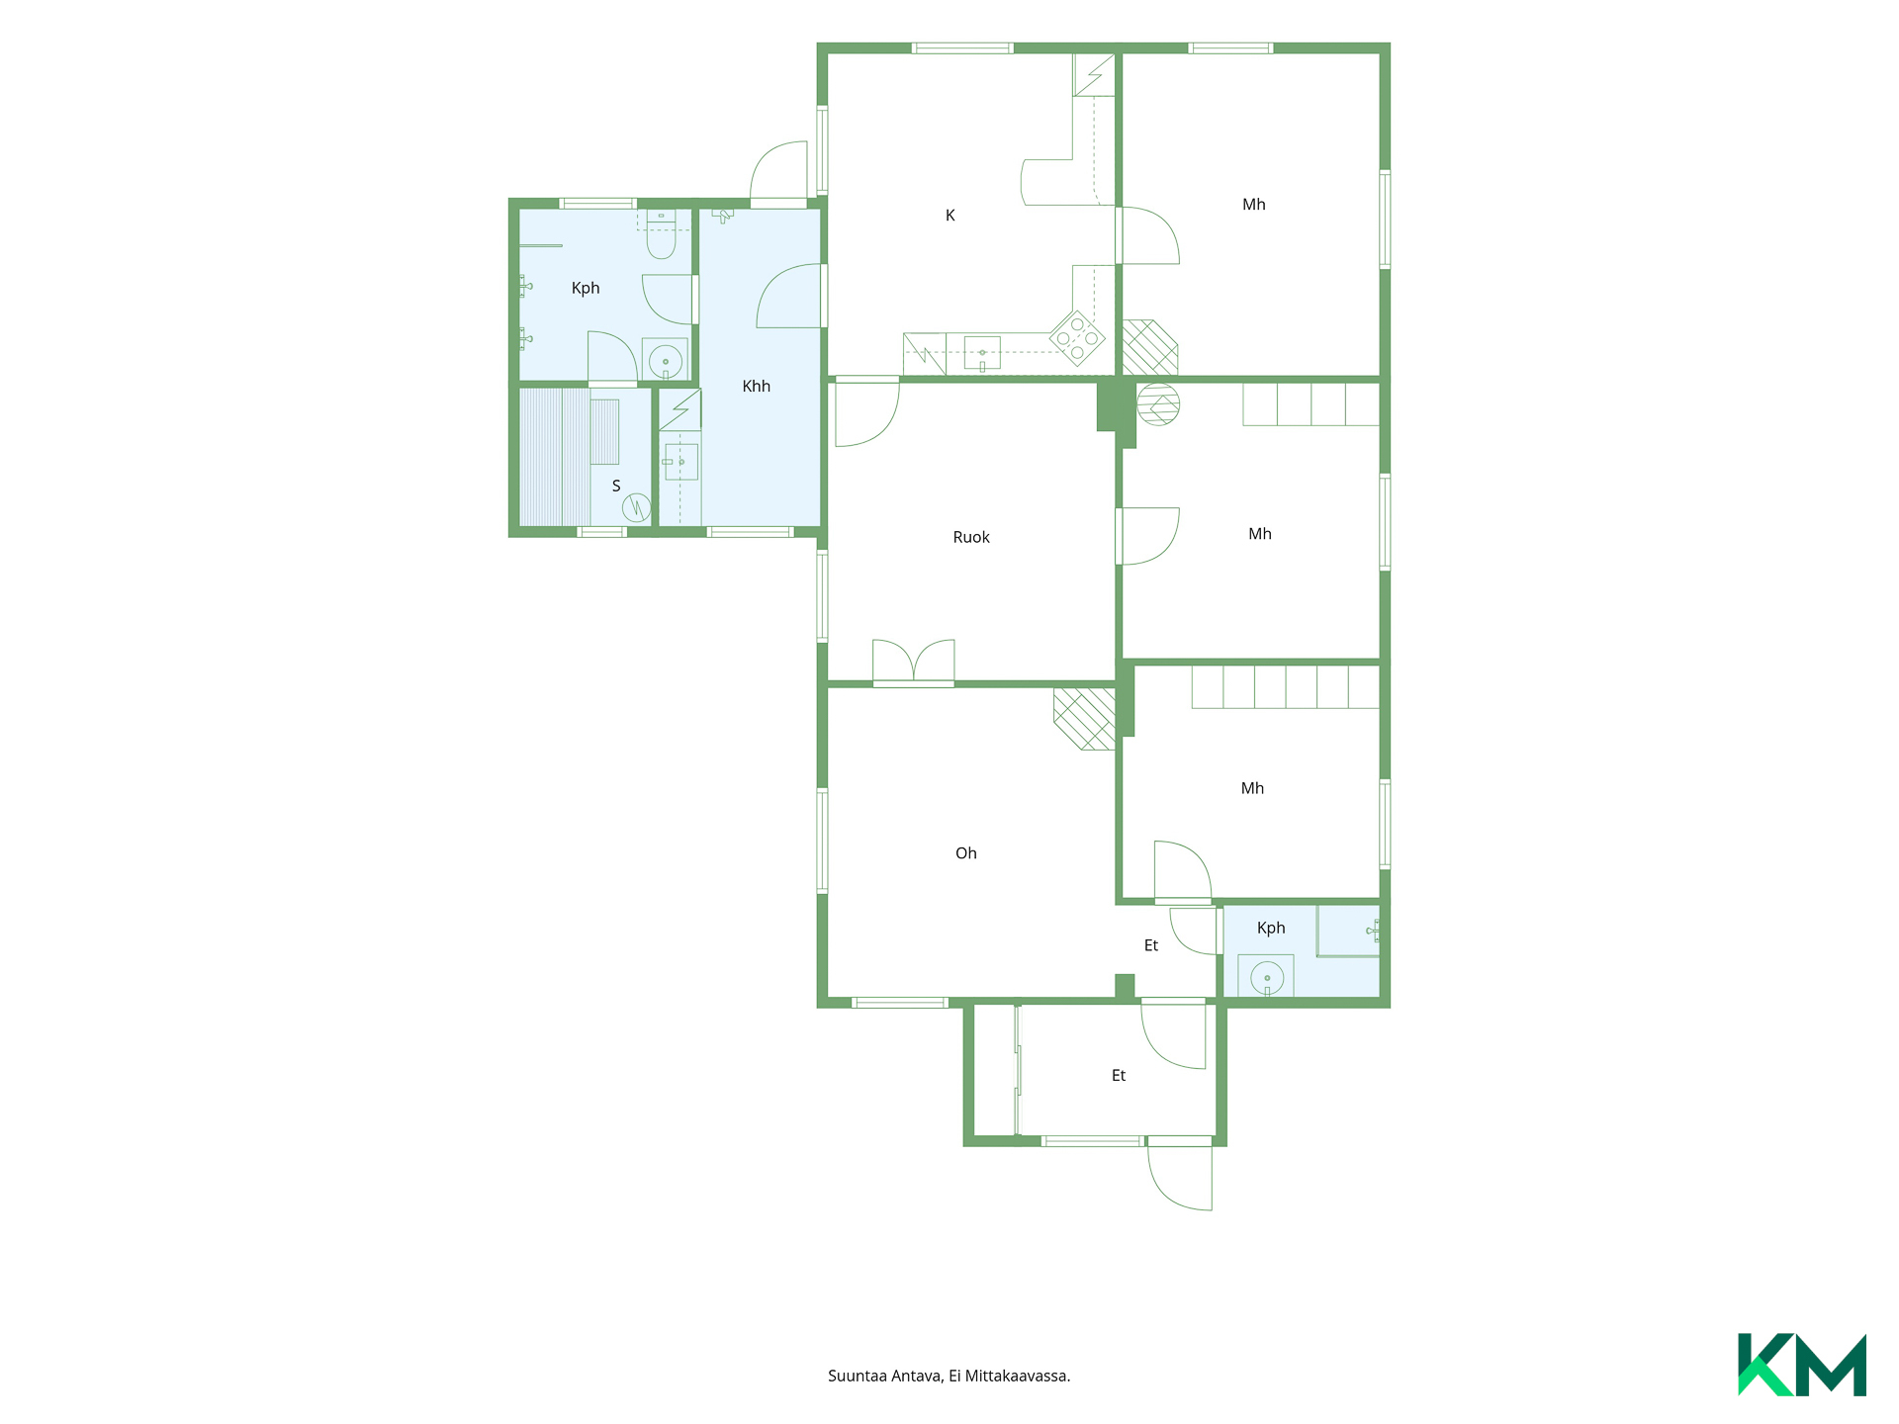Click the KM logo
click(x=1801, y=1365)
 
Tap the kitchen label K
click(x=950, y=216)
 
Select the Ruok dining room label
click(x=971, y=537)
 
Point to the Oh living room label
click(x=966, y=853)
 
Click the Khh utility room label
click(x=757, y=386)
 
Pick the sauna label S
click(x=616, y=486)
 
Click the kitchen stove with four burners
click(x=1077, y=338)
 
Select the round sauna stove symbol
click(x=636, y=508)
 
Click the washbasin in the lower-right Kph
click(x=1267, y=977)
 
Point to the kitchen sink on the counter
click(x=982, y=353)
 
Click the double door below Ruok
click(x=914, y=662)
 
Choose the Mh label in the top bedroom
click(x=1254, y=205)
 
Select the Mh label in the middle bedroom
click(x=1260, y=534)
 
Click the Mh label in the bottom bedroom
click(x=1253, y=788)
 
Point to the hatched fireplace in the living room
click(x=1085, y=718)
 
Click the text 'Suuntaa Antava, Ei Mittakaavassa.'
click(x=949, y=1376)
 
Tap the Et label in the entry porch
click(x=1119, y=1076)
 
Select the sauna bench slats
click(x=555, y=457)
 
